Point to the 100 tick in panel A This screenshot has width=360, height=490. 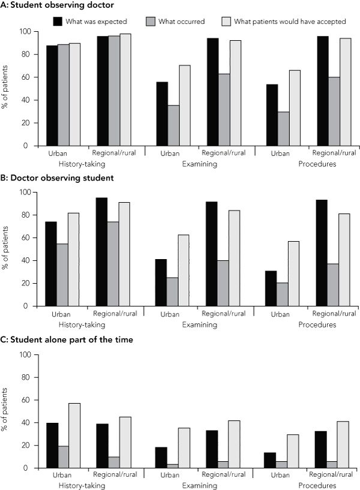point(25,32)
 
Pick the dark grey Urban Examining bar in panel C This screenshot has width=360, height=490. point(172,465)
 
